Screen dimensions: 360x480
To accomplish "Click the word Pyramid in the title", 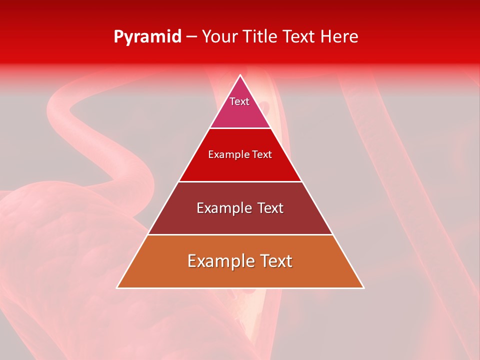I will [x=147, y=37].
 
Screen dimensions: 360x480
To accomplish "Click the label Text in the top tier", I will [x=239, y=101].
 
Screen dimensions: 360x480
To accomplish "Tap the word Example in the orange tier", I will [x=218, y=261].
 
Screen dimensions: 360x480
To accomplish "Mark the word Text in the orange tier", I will [x=274, y=261].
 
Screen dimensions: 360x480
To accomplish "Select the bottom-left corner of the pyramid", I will [x=117, y=287].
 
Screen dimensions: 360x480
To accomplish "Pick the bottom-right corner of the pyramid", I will [x=363, y=287].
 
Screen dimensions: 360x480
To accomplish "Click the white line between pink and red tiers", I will [x=240, y=128].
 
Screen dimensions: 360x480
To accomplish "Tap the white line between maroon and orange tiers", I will [x=240, y=234].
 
